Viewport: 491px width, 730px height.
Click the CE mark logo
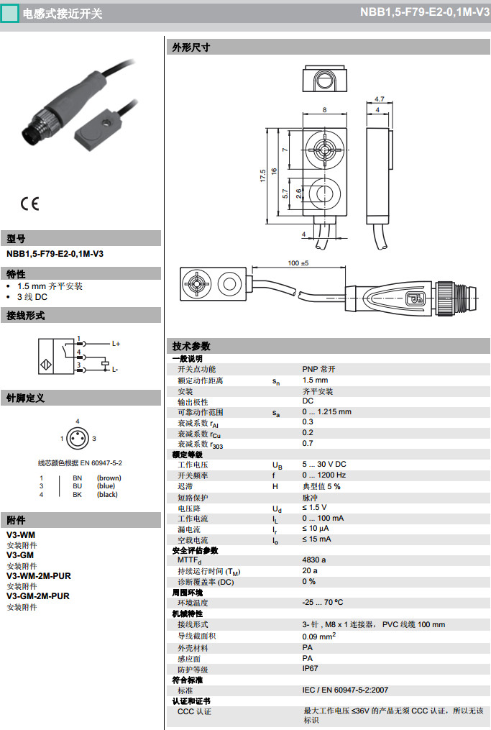(x=29, y=204)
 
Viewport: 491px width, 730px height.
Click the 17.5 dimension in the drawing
(x=263, y=175)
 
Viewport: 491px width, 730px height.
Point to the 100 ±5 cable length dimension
(x=298, y=263)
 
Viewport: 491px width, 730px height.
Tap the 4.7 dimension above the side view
(x=380, y=99)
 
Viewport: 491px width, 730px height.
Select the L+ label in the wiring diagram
(x=116, y=344)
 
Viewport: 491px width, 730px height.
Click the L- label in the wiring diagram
(x=115, y=369)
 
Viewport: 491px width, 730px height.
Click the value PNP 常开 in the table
(x=318, y=369)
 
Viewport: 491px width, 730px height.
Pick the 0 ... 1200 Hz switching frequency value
(x=324, y=475)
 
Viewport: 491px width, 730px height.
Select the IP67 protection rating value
(x=310, y=668)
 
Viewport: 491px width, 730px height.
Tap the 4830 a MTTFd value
(x=313, y=560)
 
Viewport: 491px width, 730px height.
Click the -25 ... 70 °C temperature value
(x=323, y=602)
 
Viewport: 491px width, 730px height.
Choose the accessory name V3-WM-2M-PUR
(x=39, y=576)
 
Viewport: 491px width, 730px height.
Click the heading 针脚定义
(x=26, y=398)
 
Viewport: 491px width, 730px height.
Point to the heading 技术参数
(x=191, y=346)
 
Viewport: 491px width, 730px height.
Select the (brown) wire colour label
(x=109, y=478)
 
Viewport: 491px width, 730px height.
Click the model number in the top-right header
(x=424, y=12)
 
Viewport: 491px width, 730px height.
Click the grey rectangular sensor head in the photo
(x=98, y=130)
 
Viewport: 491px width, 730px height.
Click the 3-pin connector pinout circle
(x=78, y=439)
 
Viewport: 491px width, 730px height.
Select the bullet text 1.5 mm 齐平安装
(x=50, y=286)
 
